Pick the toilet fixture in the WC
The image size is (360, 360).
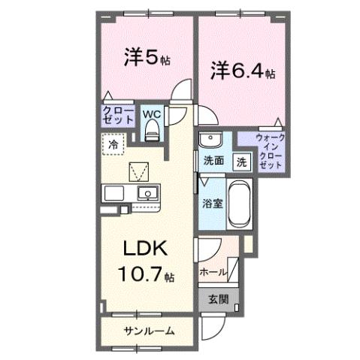[153, 132]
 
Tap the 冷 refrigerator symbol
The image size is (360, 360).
[113, 144]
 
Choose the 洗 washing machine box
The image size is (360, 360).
[242, 161]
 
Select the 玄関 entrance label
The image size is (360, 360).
[218, 299]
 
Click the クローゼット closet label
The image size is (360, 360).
[119, 115]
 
